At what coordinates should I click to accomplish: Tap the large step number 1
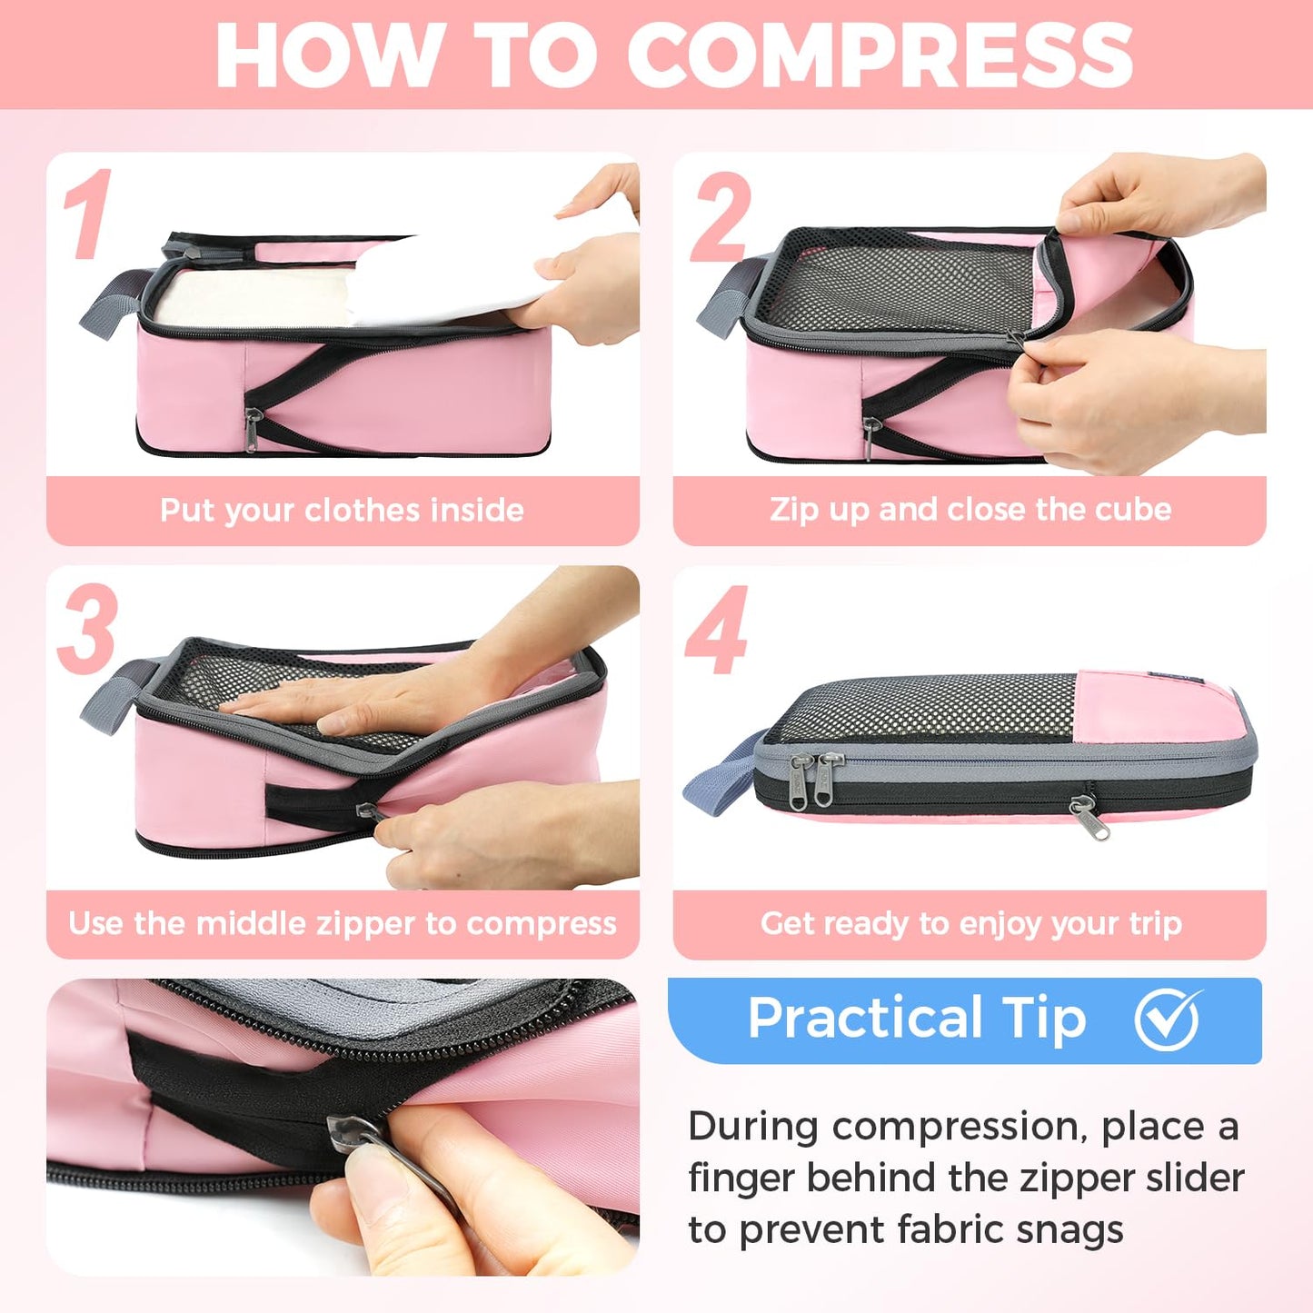tap(88, 214)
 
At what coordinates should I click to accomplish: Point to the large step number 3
tap(88, 629)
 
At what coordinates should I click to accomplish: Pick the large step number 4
tap(718, 630)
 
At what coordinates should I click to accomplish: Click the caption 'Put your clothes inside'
tap(342, 510)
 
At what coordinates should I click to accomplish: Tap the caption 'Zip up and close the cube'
tap(970, 509)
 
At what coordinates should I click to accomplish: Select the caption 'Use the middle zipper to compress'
tap(342, 923)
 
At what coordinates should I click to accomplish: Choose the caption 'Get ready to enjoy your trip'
tap(970, 923)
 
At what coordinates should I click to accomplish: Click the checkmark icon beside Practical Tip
tap(1168, 1019)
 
